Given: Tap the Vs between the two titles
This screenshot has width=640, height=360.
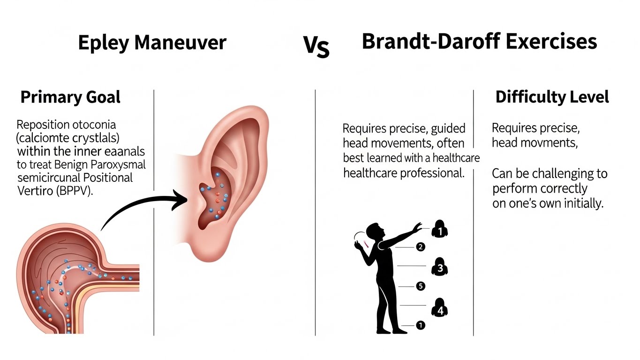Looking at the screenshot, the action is click(x=316, y=47).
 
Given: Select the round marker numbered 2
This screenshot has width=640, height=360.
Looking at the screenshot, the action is click(x=421, y=247).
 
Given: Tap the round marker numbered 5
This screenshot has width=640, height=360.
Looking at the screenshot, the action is click(x=421, y=286).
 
